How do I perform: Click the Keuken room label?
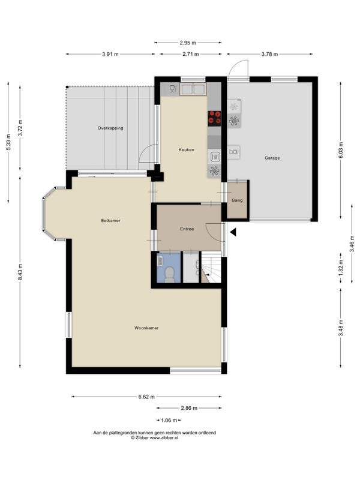coord(187,149)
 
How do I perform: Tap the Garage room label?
coord(272,158)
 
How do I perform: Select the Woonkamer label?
coord(146,328)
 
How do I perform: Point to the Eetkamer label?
coord(111,220)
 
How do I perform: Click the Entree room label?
coord(187,229)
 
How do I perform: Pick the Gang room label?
coord(237,200)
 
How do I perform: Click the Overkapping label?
coord(110,128)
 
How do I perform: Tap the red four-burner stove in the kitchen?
coord(214,118)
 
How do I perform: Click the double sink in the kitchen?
coord(193,89)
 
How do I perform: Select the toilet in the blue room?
coord(169,274)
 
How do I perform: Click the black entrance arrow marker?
coord(233,232)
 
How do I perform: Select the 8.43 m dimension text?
coord(20,272)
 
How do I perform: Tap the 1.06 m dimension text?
coord(169,420)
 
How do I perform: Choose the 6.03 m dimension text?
coord(341,150)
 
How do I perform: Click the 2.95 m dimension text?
coord(188,43)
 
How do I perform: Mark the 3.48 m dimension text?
coord(341,328)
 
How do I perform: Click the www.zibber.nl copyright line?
coord(155,438)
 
